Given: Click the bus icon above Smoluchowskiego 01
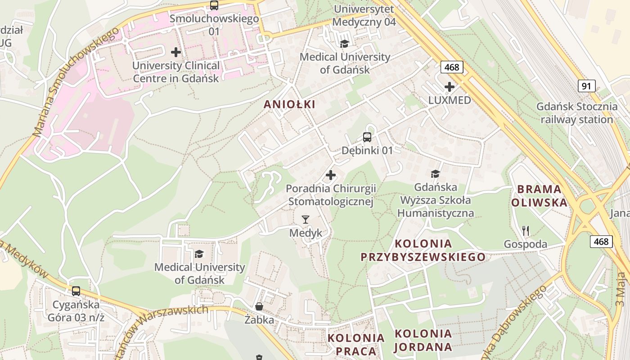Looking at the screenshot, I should tap(214, 5).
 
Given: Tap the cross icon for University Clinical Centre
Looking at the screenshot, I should tap(176, 52).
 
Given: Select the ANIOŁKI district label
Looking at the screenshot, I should tap(289, 104).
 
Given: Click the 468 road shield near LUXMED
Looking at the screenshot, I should tap(451, 67).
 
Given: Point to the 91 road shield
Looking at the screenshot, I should tap(587, 86).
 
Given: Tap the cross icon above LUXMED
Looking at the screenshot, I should tap(449, 87).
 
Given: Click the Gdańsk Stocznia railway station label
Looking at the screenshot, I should tap(577, 113).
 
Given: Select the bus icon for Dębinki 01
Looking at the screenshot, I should tap(367, 137).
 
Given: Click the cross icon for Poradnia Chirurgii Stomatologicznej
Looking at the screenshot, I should tap(331, 175).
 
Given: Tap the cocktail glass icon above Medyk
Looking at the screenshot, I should tap(306, 220).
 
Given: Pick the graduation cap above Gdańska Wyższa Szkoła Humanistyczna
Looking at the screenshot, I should tap(435, 174).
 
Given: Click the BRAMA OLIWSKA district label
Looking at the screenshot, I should tap(539, 196).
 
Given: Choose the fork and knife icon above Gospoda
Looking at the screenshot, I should tap(526, 231).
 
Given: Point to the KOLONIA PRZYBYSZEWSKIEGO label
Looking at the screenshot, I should tap(423, 251).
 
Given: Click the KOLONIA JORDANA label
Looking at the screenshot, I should tap(423, 340).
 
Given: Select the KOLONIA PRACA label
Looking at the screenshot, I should tap(356, 344).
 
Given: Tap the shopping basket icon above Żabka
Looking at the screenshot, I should tap(259, 306).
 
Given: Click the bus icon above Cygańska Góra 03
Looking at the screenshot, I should tap(76, 291).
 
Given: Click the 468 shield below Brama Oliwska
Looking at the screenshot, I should tap(601, 242).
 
